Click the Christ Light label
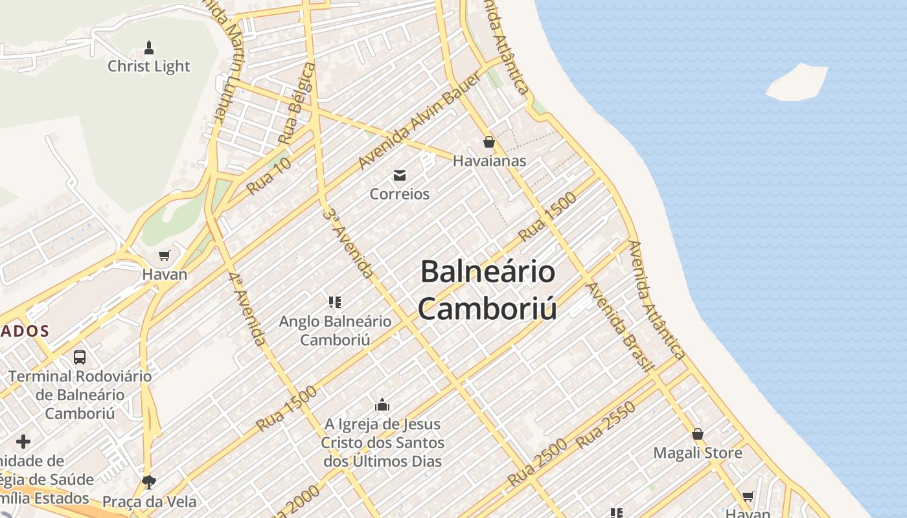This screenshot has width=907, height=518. pos(149,66)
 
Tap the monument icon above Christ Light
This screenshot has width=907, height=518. pos(149,47)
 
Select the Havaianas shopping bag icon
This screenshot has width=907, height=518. pos(489,142)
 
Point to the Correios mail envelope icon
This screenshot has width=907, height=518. pos(400,175)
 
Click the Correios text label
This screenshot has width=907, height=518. pos(400,194)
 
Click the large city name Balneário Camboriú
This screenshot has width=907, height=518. pos(487,290)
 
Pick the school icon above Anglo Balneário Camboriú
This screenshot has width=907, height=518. pos(335,302)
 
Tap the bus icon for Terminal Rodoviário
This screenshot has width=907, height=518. pos(80,357)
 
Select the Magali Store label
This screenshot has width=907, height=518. pos(698,453)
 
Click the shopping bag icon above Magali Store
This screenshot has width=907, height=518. pos(698,434)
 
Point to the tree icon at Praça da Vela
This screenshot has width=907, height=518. pos(149,482)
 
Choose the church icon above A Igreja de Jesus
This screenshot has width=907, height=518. pos(382,405)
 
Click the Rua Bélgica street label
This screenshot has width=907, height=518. pos(297,104)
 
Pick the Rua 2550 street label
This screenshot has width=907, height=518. pos(606,425)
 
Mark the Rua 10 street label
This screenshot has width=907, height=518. pos(269,175)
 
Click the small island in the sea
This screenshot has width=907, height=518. pos(797,82)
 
